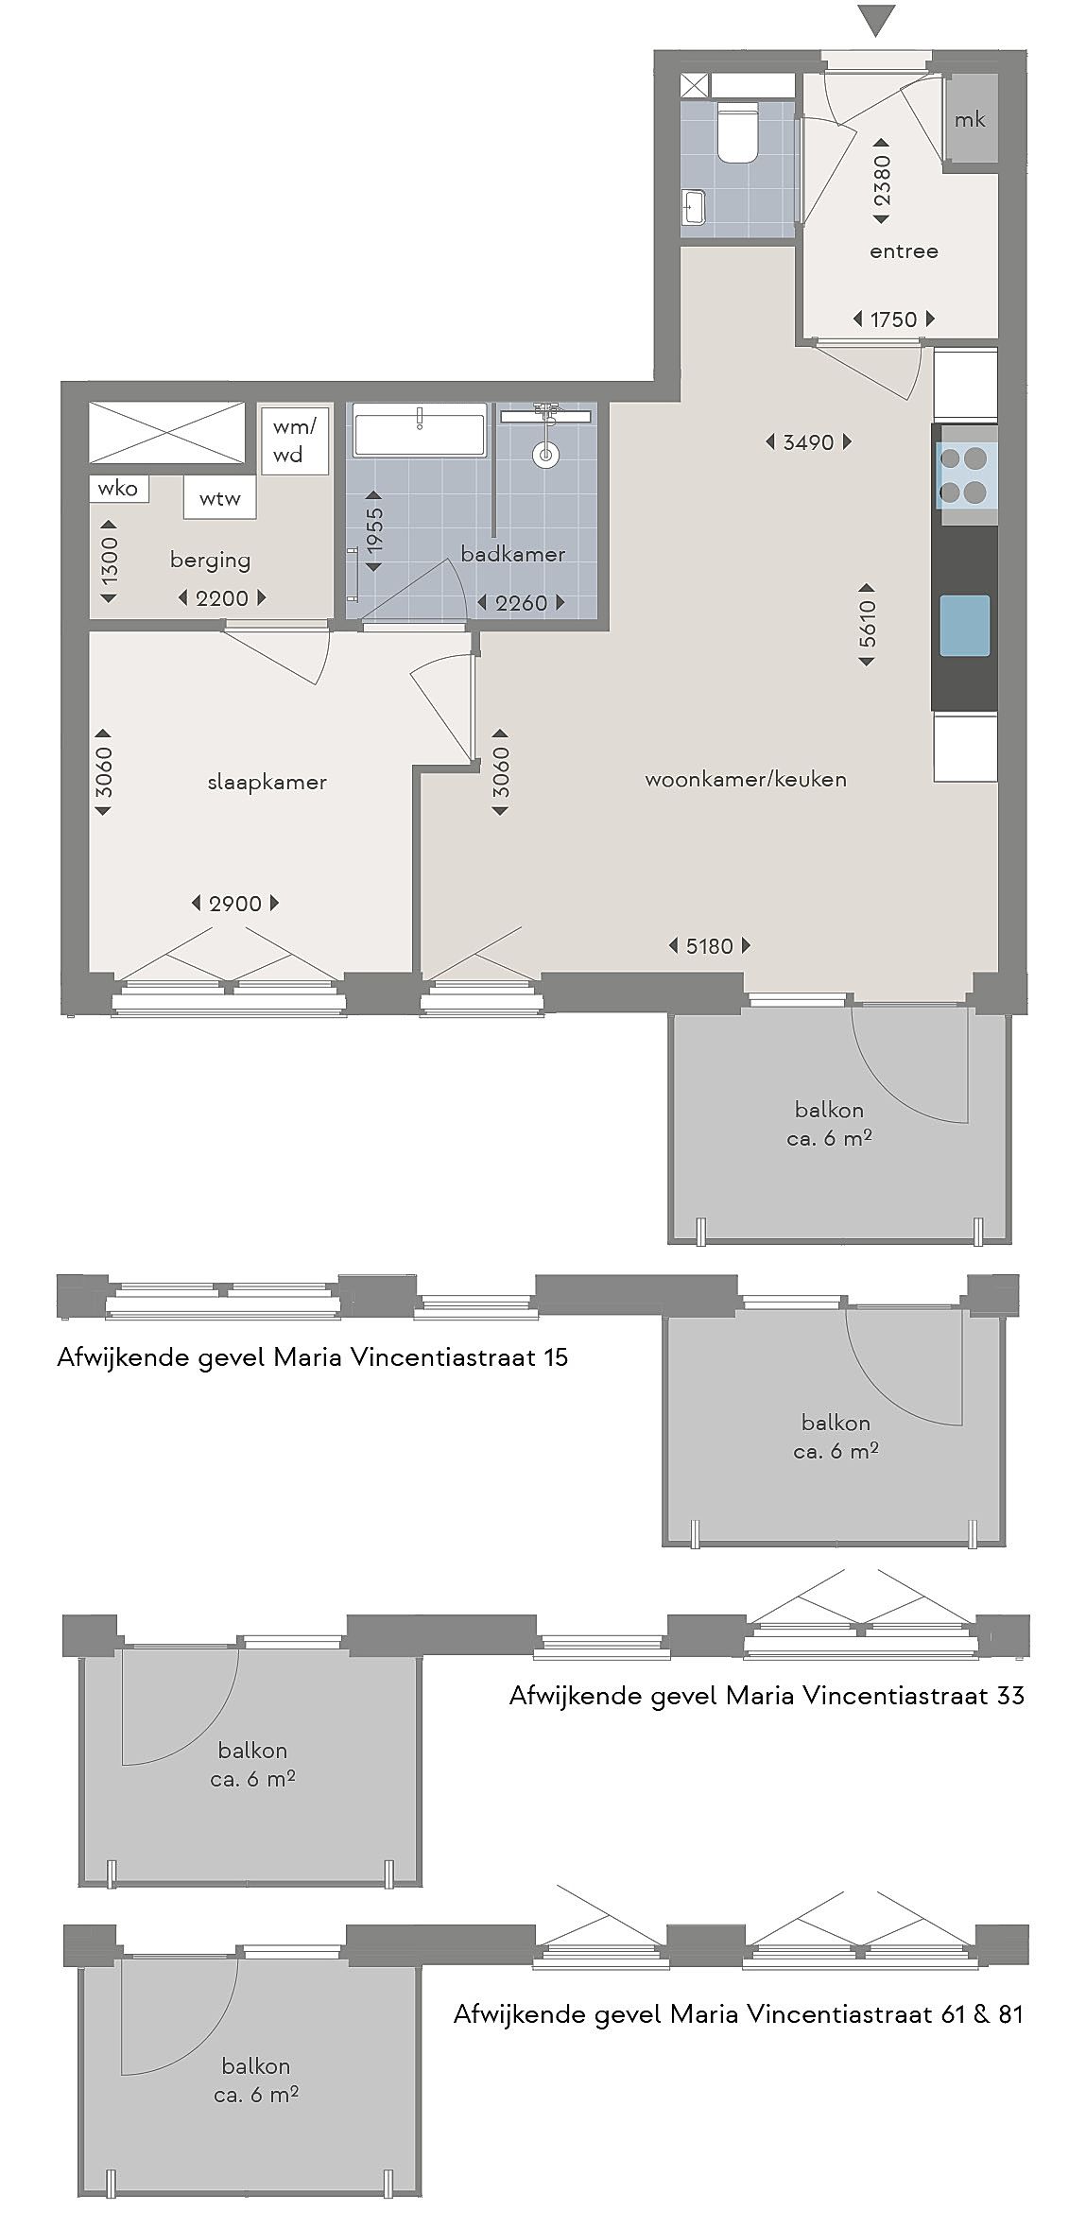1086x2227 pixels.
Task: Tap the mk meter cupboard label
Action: pyautogui.click(x=970, y=119)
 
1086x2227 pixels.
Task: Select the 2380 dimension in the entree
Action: pyautogui.click(x=881, y=181)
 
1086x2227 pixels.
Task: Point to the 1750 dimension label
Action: pyautogui.click(x=893, y=319)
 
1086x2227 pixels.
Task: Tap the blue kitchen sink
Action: pyautogui.click(x=965, y=626)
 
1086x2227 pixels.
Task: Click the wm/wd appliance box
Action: pyautogui.click(x=295, y=440)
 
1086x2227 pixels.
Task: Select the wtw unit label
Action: pyautogui.click(x=219, y=498)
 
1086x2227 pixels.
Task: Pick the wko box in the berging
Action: pyautogui.click(x=118, y=488)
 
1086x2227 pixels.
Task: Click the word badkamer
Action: pyautogui.click(x=512, y=554)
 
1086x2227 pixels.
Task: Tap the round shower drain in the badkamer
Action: pyautogui.click(x=545, y=455)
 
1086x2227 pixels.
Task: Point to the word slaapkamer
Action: pyautogui.click(x=267, y=782)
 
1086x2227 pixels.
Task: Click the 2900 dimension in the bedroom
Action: pyautogui.click(x=235, y=904)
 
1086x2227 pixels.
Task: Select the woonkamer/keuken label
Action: pyautogui.click(x=746, y=779)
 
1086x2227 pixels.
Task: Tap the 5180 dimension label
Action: pyautogui.click(x=709, y=945)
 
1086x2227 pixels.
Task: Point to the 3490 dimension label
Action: pyautogui.click(x=808, y=441)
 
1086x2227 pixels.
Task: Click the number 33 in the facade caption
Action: pyautogui.click(x=1009, y=1695)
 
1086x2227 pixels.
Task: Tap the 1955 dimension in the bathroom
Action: pyautogui.click(x=374, y=531)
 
